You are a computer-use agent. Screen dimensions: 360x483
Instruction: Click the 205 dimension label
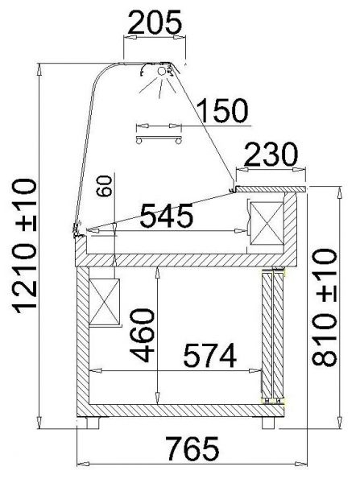[x=155, y=22]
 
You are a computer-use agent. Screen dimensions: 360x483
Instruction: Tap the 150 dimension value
[x=223, y=110]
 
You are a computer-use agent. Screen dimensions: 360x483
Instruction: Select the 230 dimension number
[x=272, y=154]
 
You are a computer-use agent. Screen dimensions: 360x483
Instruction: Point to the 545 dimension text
[x=167, y=215]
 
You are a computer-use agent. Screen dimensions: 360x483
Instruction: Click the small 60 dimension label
[x=104, y=186]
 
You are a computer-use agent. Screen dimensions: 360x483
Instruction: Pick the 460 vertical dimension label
[x=142, y=336]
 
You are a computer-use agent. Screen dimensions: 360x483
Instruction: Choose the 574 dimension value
[x=210, y=356]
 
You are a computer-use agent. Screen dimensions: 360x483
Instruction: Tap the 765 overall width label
[x=193, y=448]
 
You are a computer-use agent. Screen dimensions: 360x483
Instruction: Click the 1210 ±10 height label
[x=25, y=246]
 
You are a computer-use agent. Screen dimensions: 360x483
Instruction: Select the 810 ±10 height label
[x=325, y=308]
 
